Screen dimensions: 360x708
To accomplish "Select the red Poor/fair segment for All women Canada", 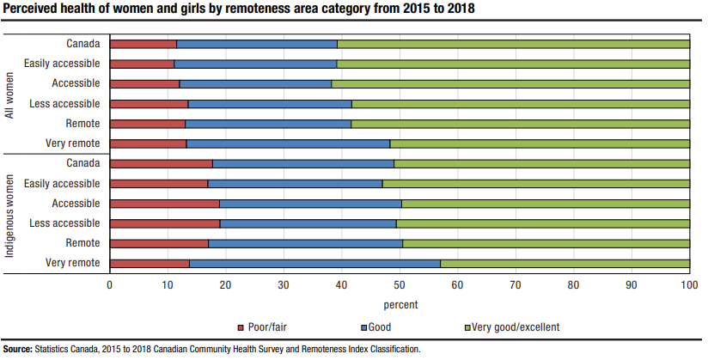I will point(143,44).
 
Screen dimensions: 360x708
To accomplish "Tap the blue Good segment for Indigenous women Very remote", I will point(314,263).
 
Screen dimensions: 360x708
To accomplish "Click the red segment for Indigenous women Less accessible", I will point(165,223).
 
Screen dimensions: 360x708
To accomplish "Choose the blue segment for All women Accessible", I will point(255,83).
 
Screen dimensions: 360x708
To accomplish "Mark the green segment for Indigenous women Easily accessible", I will point(536,184).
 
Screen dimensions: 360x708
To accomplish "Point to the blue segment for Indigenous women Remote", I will point(305,243).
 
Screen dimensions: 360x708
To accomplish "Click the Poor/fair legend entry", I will point(266,327).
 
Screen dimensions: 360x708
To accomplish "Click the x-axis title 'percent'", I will point(400,305).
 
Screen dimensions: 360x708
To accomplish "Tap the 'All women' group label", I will point(10,94).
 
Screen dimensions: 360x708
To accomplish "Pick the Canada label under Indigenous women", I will point(83,163).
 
